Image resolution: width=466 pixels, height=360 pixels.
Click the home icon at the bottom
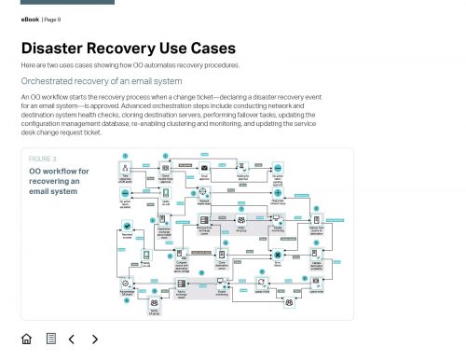(x=26, y=339)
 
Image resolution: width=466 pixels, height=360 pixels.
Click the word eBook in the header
(x=30, y=18)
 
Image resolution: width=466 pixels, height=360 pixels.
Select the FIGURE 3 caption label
(x=43, y=159)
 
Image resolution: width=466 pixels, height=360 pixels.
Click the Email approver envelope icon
(x=204, y=167)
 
